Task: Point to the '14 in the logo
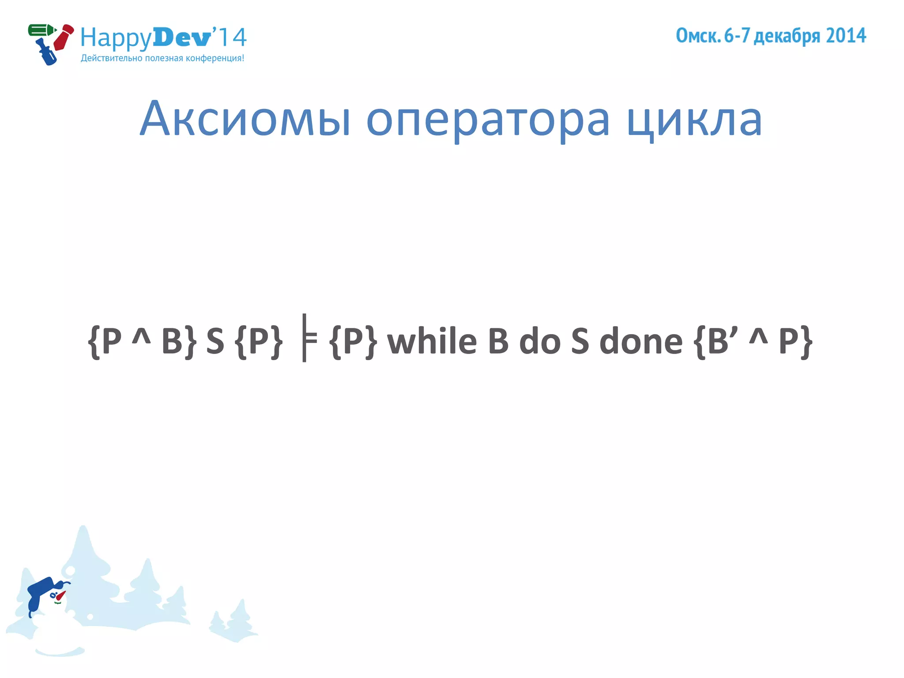(230, 37)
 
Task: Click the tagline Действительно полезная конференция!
(162, 58)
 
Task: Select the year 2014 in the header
(846, 36)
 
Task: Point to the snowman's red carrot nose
(60, 595)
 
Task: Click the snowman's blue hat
(41, 590)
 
